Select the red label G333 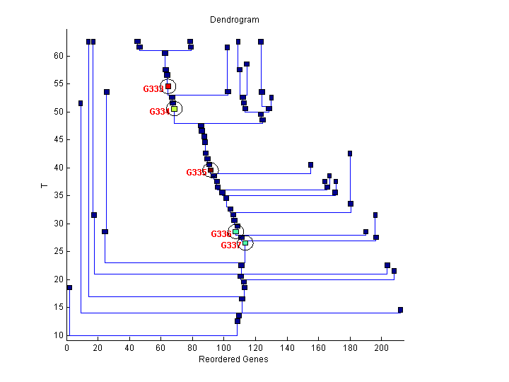[x=153, y=89]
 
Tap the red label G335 [x=196, y=173]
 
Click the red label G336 [x=221, y=234]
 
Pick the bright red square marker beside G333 [x=168, y=86]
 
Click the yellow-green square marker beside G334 [x=174, y=109]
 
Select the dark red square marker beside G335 [x=211, y=170]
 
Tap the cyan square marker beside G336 [x=235, y=231]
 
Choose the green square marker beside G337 [x=245, y=243]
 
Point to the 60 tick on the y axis [x=59, y=56]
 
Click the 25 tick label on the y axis [x=59, y=251]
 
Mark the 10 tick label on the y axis [x=59, y=335]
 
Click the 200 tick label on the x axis [x=382, y=348]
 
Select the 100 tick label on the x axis [x=224, y=348]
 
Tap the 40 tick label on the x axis [x=129, y=348]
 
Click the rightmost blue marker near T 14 [x=400, y=310]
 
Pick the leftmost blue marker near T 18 [x=69, y=287]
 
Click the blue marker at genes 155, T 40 [x=310, y=165]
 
